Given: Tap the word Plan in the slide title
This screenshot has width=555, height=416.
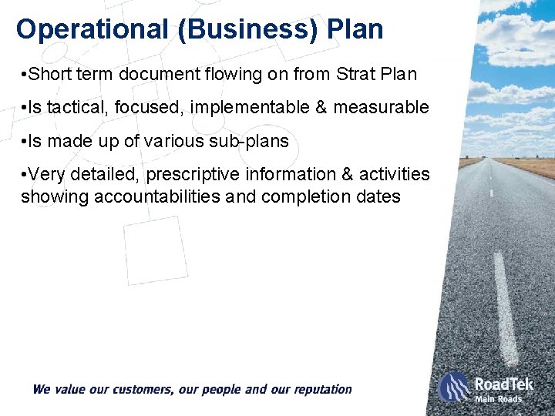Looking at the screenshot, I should point(355,29).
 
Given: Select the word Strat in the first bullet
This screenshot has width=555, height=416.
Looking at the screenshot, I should point(357,75).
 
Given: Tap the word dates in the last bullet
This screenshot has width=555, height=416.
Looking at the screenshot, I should point(378,196).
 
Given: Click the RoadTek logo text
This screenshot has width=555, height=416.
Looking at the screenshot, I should point(504,383).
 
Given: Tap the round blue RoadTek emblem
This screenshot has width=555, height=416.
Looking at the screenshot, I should point(454,387).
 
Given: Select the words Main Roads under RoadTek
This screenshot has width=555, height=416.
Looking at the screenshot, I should point(498,399).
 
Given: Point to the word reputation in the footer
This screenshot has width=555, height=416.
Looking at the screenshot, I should point(318,390).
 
